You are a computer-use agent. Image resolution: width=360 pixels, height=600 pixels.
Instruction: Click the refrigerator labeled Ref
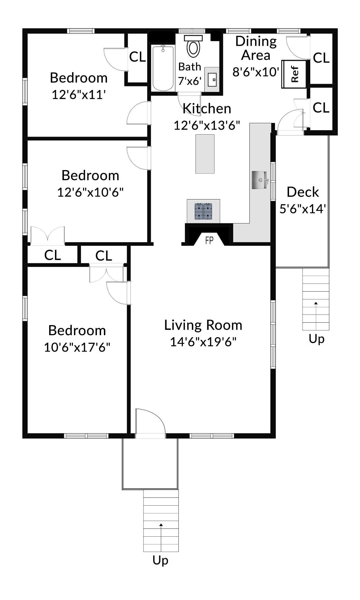tap(294, 74)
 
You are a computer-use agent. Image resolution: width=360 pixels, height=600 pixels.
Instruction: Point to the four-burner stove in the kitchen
tap(203, 211)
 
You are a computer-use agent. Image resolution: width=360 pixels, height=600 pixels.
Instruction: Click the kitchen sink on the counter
tap(259, 180)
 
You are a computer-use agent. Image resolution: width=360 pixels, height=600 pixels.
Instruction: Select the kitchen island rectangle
tap(205, 154)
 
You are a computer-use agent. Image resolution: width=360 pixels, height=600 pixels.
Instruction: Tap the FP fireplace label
tap(209, 240)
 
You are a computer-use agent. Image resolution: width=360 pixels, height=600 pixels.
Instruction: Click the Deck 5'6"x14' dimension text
tap(303, 209)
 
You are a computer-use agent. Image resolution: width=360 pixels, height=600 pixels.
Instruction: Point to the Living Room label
tap(203, 325)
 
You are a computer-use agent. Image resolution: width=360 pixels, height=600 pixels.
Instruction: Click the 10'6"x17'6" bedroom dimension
tap(77, 347)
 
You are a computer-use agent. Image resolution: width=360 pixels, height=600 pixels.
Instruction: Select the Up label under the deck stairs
tap(316, 339)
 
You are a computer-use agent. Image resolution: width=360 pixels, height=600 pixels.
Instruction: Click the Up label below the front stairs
tap(160, 560)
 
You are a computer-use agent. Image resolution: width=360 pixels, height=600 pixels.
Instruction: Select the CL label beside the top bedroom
tap(137, 57)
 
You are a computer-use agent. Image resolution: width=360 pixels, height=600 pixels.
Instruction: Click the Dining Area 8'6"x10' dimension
tap(256, 72)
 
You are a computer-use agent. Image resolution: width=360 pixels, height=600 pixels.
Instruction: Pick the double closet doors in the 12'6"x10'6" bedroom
tap(47, 235)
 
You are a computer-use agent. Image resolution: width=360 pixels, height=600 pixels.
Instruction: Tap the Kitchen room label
tap(207, 108)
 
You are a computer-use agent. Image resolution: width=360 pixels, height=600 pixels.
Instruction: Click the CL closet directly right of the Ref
tap(321, 58)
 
